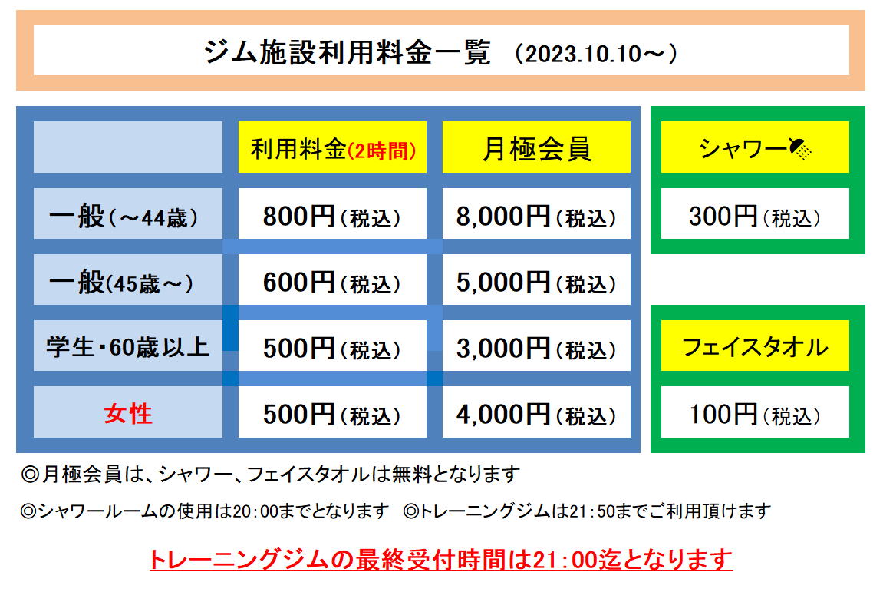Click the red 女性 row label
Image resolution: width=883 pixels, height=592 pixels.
pos(128,413)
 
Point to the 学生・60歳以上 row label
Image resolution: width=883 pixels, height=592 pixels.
pos(128,347)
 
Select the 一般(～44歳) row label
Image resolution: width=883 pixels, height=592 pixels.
pos(124,217)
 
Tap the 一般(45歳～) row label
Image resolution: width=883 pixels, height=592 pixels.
pos(121,282)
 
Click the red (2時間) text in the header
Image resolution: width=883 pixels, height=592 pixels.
pos(382,150)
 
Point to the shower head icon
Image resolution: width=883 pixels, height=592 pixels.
pos(800,149)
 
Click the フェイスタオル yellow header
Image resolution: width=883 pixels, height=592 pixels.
pos(755,346)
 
